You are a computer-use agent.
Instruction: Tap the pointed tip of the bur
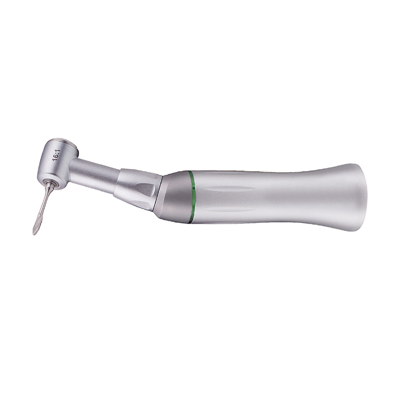tap(34, 234)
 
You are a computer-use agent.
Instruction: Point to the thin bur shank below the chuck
tap(46, 200)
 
